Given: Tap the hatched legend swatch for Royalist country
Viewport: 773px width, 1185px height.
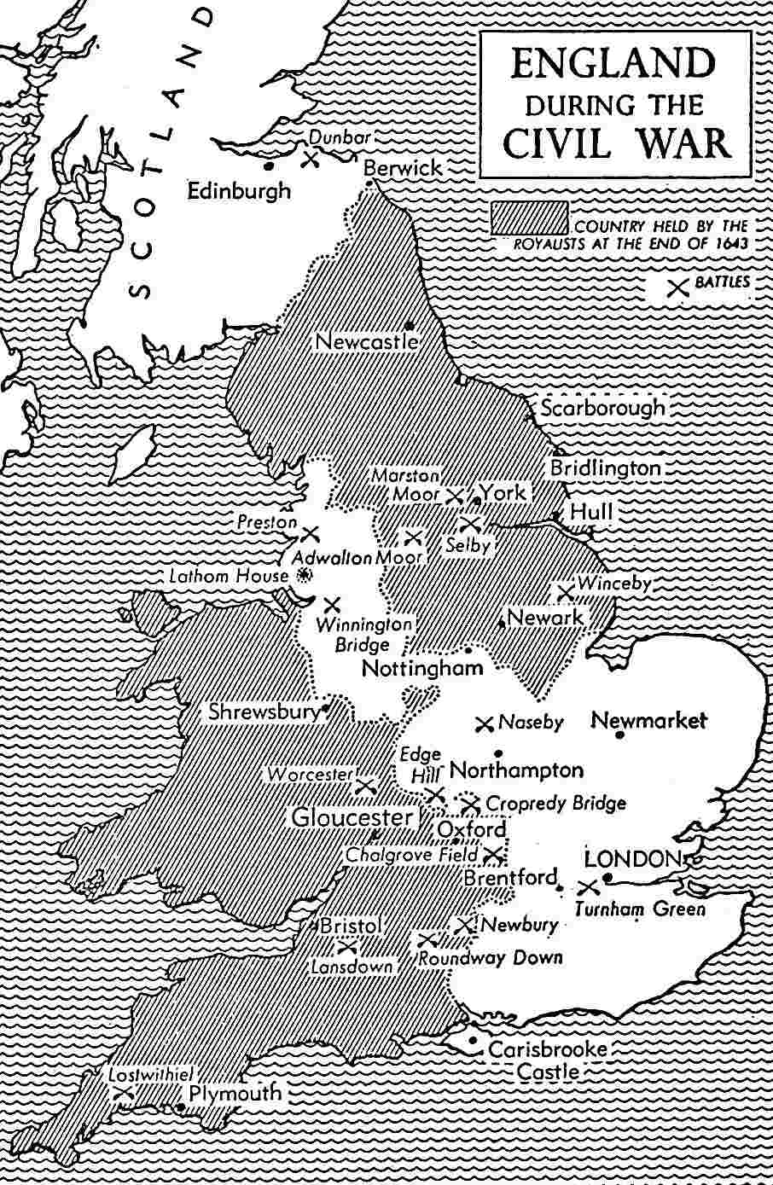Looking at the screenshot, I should pyautogui.click(x=529, y=218).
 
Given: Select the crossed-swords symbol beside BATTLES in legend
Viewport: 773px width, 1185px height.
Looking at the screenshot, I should pyautogui.click(x=677, y=287).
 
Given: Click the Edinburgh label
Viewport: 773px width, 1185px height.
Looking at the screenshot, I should pyautogui.click(x=239, y=191).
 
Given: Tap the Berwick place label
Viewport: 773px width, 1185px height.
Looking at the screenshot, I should pyautogui.click(x=403, y=168).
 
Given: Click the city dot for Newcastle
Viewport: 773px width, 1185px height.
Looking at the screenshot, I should pyautogui.click(x=410, y=325).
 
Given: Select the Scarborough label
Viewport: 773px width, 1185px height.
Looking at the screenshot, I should pyautogui.click(x=602, y=408).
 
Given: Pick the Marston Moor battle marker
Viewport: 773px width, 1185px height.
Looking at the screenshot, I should pyautogui.click(x=455, y=495).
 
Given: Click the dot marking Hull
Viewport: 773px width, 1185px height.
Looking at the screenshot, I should pyautogui.click(x=555, y=515).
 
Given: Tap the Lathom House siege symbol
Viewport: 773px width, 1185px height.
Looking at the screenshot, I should pyautogui.click(x=301, y=576).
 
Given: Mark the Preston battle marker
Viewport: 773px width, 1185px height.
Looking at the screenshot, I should pyautogui.click(x=311, y=534).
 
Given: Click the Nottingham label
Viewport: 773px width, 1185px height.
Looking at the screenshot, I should pyautogui.click(x=422, y=668).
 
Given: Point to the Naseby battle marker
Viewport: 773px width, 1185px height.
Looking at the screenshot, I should pyautogui.click(x=485, y=723).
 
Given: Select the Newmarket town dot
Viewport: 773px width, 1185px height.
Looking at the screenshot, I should pyautogui.click(x=619, y=734).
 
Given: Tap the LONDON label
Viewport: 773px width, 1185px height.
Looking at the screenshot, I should pyautogui.click(x=632, y=859).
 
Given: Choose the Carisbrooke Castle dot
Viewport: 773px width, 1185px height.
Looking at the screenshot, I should pyautogui.click(x=472, y=1039).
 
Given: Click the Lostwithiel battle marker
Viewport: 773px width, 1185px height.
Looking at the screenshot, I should pyautogui.click(x=123, y=1092).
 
